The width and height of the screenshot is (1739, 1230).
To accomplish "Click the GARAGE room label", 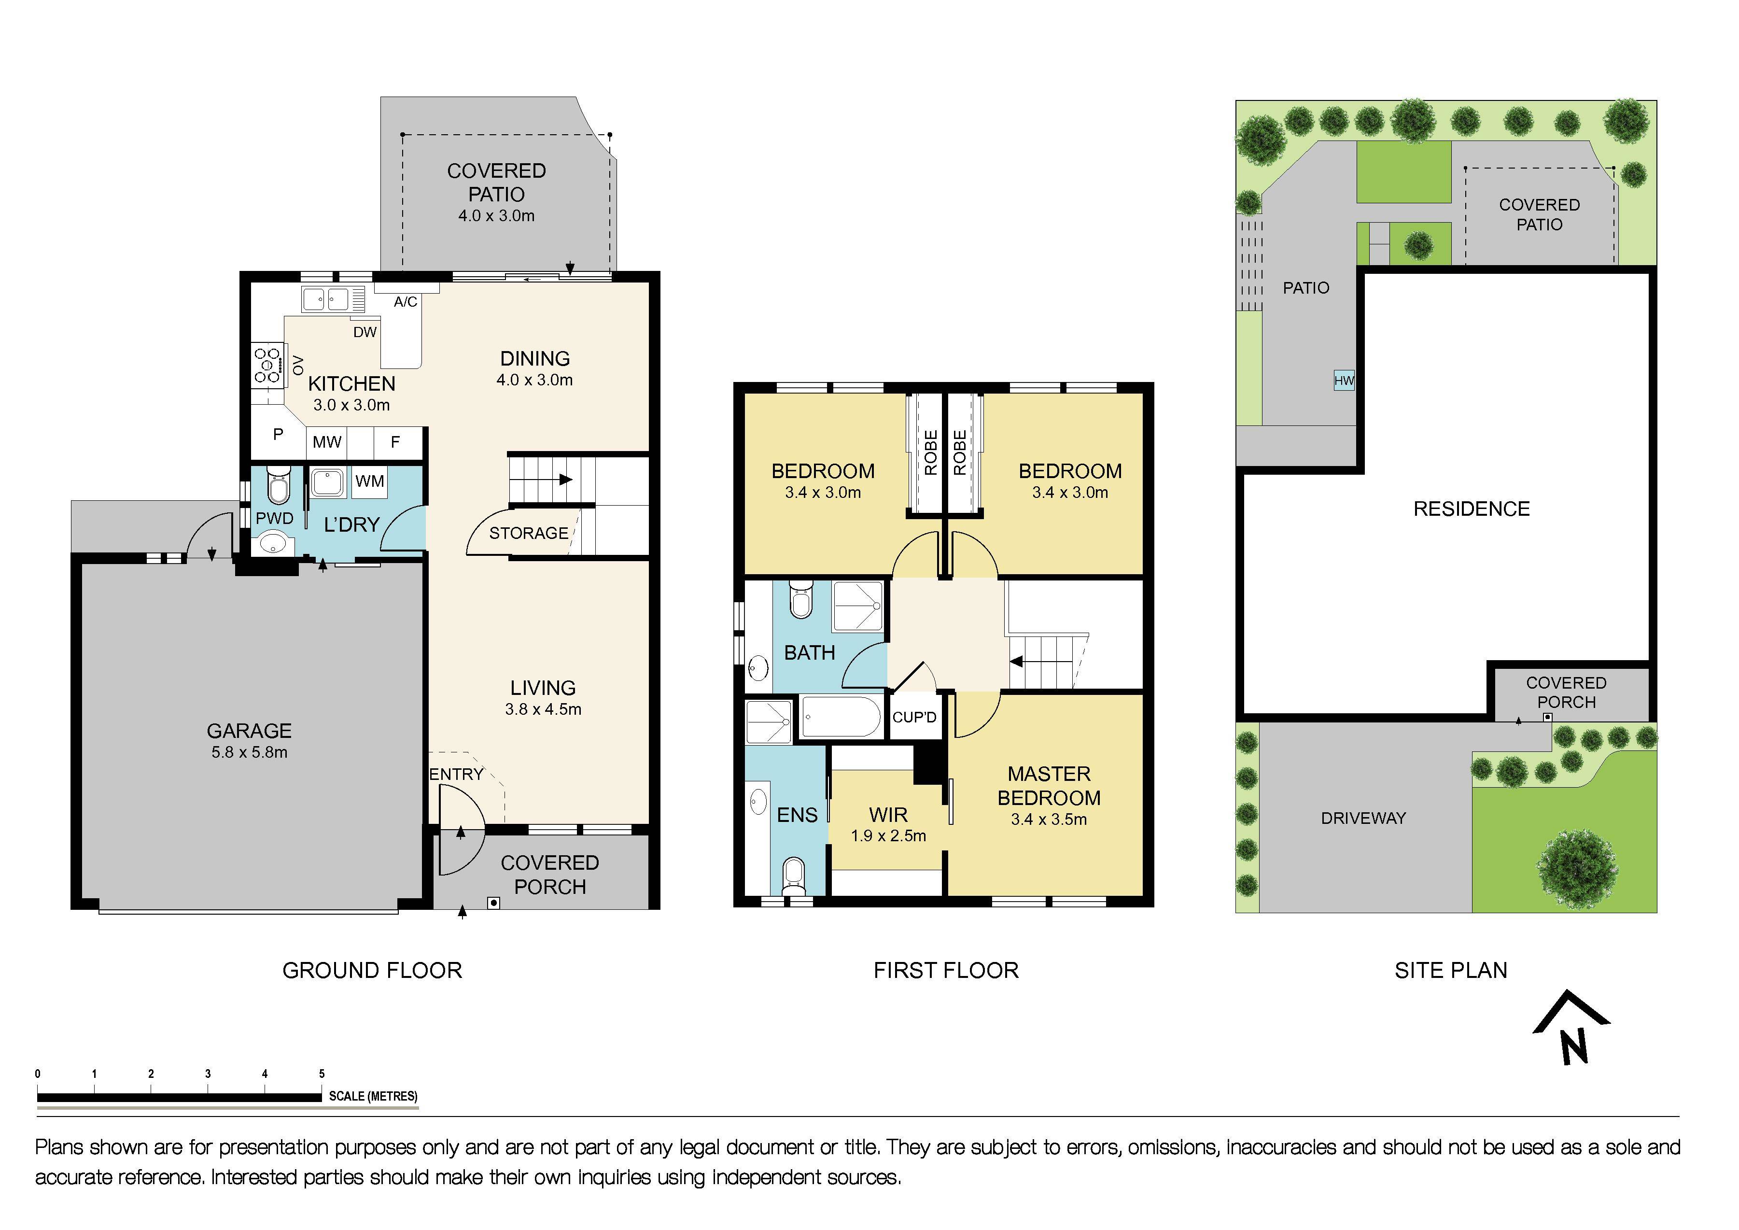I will pos(249,731).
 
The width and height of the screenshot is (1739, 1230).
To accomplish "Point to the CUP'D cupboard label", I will pos(914,717).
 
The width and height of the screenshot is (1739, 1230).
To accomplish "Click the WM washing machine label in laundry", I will pos(370,481).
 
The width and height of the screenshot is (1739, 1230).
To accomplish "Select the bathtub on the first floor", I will pos(841,717).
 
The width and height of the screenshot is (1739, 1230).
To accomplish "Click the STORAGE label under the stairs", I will pos(529,533).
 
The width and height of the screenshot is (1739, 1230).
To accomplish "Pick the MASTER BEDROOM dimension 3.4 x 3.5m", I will pos(1048,820).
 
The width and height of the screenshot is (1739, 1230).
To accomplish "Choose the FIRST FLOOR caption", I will pos(946,970).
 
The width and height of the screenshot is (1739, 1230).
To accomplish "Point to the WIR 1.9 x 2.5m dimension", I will pos(888,836).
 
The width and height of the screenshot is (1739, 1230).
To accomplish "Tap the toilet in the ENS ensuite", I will pos(793,873).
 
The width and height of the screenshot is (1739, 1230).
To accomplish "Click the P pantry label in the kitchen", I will pos(278,435).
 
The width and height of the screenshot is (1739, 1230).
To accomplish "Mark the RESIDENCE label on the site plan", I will pos(1471,509).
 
